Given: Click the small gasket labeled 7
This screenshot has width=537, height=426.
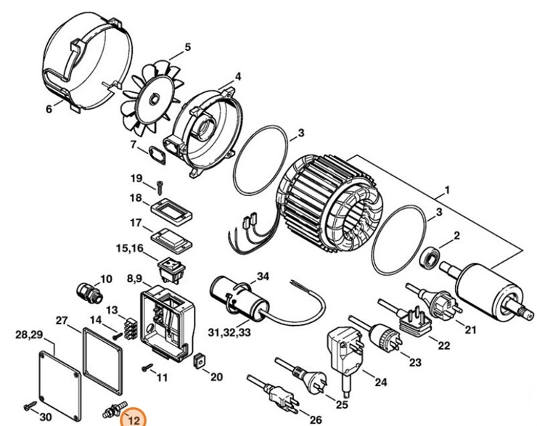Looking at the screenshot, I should point(156,154).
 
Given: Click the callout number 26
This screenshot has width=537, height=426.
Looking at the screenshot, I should point(316,419).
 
